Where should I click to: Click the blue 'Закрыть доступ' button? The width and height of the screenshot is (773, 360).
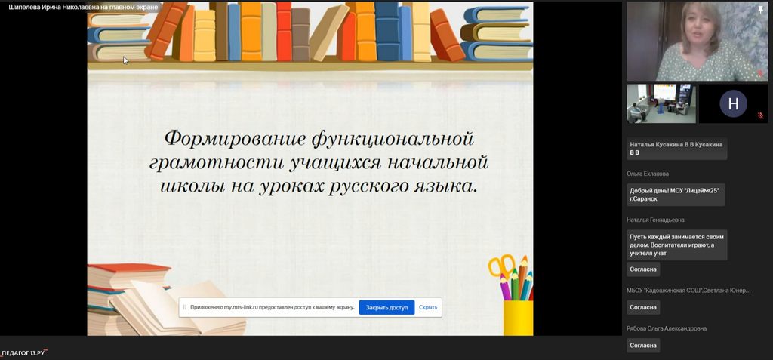(386, 307)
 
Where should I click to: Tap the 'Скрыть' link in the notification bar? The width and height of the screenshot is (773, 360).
(428, 307)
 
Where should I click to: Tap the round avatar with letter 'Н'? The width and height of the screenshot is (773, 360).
(733, 103)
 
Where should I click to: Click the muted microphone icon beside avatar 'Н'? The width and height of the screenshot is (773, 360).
(760, 115)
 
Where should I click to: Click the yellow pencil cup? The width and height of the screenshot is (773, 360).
(518, 317)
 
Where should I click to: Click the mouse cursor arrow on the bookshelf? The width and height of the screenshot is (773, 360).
(126, 60)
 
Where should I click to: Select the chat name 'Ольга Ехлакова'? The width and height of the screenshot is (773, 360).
(647, 174)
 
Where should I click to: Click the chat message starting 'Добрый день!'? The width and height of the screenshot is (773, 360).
(676, 195)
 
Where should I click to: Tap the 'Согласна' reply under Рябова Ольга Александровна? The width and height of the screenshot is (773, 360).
(643, 345)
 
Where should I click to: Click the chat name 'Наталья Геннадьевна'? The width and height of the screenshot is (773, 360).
(655, 220)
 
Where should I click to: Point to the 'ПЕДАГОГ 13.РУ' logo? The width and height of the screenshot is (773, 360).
(23, 353)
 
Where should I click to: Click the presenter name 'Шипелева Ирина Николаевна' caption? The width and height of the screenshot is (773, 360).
(54, 7)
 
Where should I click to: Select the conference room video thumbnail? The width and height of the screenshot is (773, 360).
(661, 103)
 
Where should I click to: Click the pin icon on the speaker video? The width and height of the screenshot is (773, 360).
(761, 8)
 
